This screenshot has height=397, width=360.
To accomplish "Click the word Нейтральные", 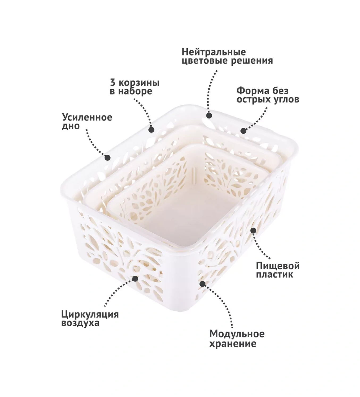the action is pos(214,52).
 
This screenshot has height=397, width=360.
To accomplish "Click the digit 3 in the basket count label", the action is pos(113,83).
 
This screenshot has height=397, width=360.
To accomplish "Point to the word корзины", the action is pos(139,83).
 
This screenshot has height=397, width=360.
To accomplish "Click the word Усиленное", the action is pos(87,118).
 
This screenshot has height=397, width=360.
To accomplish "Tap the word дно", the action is pos(71,126).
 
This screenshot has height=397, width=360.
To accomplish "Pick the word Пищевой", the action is pos(278,266).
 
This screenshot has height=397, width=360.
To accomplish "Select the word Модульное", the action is pos(237,334).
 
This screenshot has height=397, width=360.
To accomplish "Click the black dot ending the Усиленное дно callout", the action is pos(107,157).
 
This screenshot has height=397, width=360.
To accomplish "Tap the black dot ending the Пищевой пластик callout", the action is pos(253,230).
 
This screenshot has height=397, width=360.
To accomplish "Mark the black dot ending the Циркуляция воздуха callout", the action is pos(135,279).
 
